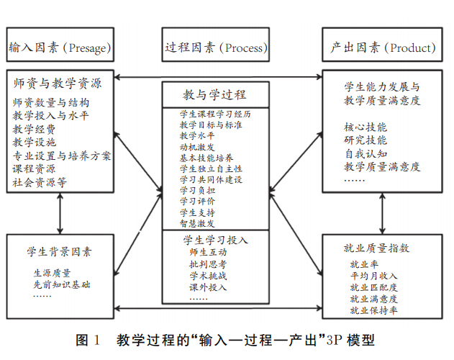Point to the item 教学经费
pos(34,130)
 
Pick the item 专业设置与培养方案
pos(62,156)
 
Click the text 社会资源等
pos(40,183)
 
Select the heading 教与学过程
pos(216,94)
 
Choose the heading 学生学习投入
pos(215,239)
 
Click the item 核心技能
pos(366,127)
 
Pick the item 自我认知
pos(366,154)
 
